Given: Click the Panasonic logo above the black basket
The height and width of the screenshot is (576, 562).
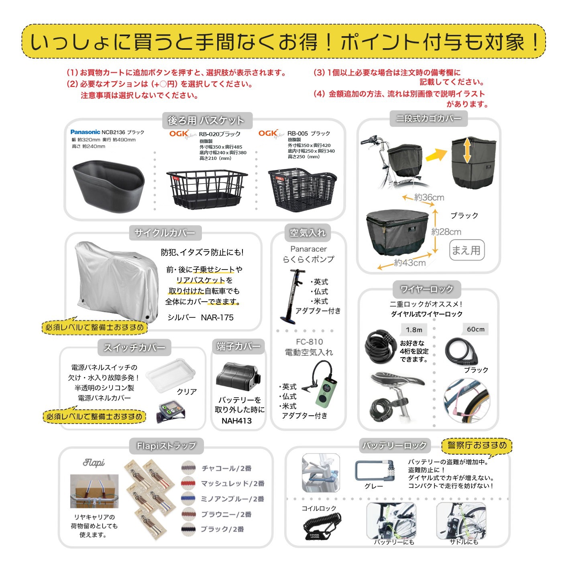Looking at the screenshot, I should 85,132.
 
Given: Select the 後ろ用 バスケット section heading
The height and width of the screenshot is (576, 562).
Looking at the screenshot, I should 206,121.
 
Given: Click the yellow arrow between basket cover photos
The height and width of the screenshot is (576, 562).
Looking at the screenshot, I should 436,155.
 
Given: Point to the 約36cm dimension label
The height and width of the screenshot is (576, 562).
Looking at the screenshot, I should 429,197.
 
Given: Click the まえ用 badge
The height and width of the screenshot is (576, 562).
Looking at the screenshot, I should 466,250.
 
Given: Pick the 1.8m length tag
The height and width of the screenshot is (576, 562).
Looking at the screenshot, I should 414,330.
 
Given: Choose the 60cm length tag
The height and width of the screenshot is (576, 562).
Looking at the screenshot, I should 476,329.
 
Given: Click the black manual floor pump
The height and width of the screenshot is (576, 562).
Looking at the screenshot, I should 293,295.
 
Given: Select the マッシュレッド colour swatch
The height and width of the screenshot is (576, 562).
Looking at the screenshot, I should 188,483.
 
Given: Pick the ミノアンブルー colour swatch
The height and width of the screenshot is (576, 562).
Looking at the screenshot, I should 188,498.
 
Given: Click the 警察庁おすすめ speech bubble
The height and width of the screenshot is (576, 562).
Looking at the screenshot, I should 477,445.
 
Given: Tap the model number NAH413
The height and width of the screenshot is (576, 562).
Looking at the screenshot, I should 236,421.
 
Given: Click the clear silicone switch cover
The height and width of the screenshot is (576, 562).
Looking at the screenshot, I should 171,375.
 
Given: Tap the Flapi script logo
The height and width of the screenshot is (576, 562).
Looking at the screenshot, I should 94,463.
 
